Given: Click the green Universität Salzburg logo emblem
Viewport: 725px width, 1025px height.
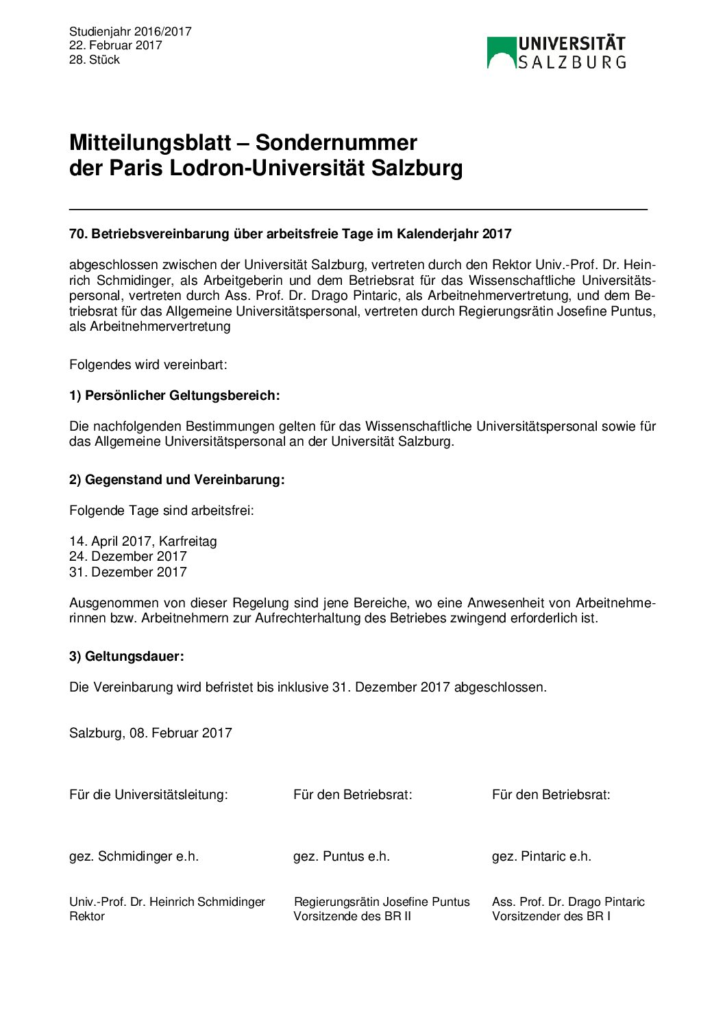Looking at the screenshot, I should (501, 53).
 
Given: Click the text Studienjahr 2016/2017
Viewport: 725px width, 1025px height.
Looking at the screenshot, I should (130, 31).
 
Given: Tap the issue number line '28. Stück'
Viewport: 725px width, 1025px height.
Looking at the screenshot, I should (95, 60).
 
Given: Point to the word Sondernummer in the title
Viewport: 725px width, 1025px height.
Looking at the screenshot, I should (336, 142).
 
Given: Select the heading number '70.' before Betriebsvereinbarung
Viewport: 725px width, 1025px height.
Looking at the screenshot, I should (78, 234).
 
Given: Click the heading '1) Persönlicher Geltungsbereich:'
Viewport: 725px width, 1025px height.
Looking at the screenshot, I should (175, 396).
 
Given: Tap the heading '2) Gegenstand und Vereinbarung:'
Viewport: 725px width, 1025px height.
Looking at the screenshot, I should (177, 480).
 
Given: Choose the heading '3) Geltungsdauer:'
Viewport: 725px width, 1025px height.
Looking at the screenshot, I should (127, 657).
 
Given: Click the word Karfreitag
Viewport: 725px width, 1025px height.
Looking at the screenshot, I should (188, 542).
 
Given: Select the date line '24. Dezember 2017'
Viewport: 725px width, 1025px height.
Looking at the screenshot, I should (128, 557).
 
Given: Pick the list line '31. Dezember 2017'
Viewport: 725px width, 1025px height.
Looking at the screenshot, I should (128, 572).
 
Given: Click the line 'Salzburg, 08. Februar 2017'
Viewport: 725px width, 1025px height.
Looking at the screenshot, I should (151, 733).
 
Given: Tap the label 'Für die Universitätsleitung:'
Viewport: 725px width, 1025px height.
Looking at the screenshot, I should (149, 795).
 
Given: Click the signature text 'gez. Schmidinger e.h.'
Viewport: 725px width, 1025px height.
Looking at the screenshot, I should (134, 857).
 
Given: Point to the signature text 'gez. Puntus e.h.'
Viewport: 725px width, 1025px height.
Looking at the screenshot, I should (341, 857).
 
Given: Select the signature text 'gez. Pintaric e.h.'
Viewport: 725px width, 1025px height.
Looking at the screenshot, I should (541, 857).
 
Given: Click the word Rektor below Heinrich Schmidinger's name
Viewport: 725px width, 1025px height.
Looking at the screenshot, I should (87, 917).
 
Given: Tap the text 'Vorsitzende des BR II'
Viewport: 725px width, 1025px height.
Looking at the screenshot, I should (352, 917).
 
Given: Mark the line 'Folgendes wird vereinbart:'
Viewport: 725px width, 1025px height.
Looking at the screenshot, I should (148, 365).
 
